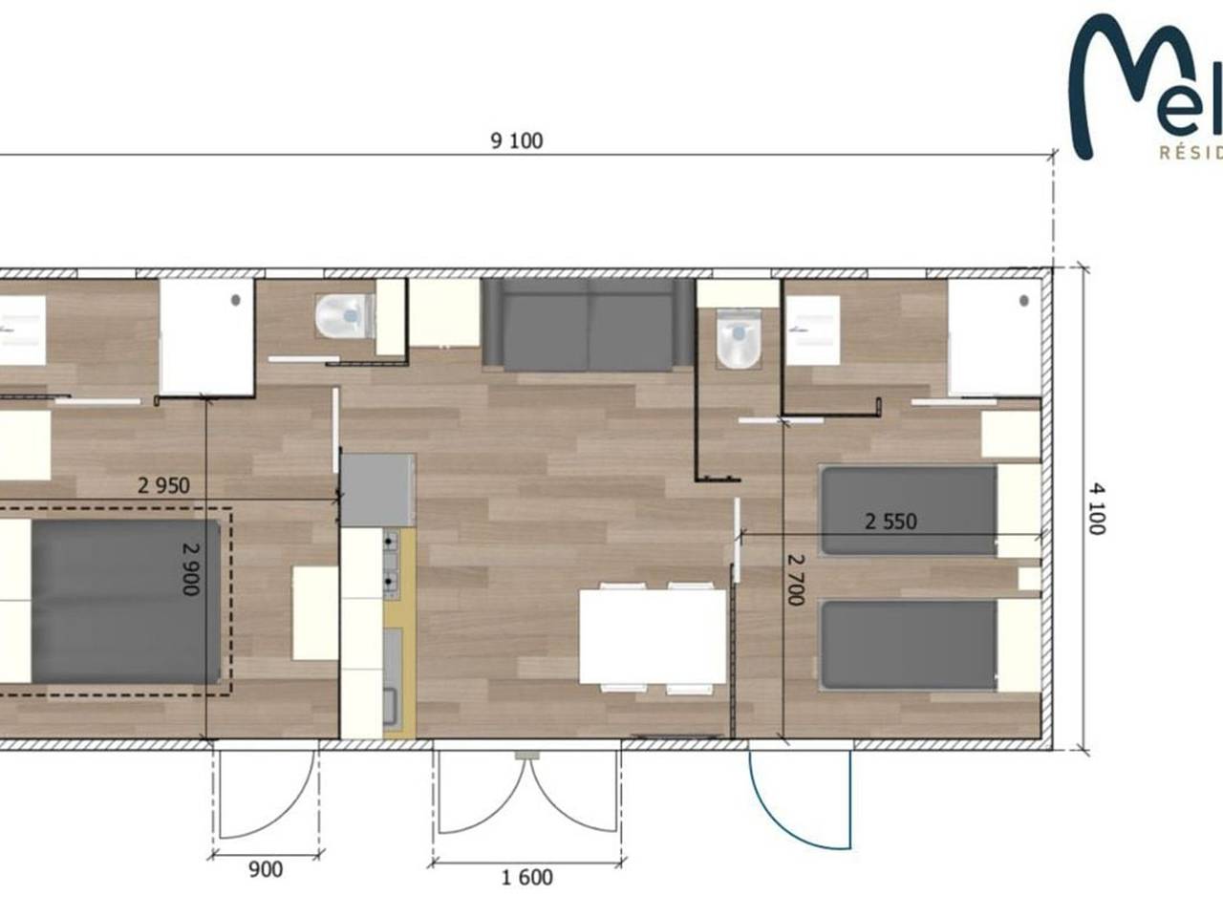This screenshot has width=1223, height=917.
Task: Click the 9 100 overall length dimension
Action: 516,141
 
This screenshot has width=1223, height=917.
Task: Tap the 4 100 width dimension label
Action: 1097,507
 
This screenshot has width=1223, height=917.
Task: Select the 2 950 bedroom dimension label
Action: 163,485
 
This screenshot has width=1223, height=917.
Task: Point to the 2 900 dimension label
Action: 190,568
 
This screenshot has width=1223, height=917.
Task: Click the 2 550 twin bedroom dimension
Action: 890,522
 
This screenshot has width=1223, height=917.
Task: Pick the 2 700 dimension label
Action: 795,579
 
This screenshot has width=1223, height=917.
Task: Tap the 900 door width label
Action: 265,869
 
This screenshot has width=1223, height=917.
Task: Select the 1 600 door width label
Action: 526,877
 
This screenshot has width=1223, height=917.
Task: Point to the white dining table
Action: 653,635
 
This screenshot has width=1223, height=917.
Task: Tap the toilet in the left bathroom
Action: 342,315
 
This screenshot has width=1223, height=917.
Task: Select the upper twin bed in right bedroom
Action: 910,510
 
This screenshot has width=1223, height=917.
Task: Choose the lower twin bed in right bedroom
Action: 910,645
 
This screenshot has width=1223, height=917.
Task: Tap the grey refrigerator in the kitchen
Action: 377,490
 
